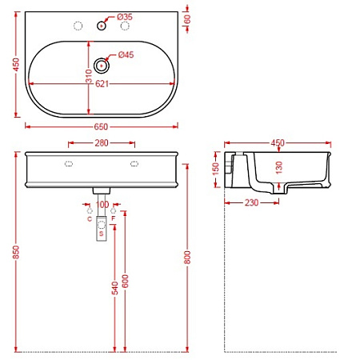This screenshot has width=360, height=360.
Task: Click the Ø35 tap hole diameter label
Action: point(124,16)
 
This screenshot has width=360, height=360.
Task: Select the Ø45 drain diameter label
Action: point(126,55)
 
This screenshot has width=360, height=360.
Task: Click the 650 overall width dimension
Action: point(102,126)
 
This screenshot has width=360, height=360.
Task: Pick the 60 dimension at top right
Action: point(187,18)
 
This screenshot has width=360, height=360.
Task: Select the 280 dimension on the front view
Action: point(101,144)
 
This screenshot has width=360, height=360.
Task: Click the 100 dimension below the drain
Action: point(102,205)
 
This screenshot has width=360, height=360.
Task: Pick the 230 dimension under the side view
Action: point(251,203)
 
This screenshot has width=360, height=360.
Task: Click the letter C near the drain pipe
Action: point(89,218)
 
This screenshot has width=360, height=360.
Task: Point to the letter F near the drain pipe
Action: point(114,218)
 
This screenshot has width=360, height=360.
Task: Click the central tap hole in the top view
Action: point(102,26)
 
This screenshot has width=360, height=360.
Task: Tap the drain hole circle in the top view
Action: point(102,65)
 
